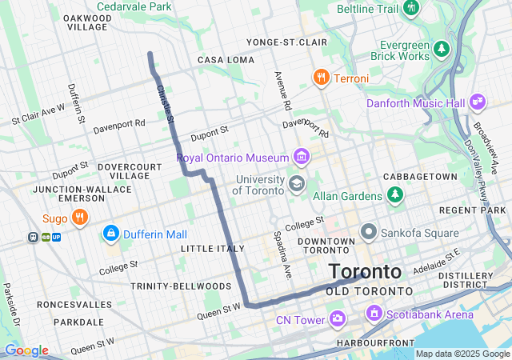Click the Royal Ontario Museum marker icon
[301, 155]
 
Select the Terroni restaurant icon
[321, 78]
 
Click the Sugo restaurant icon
[79, 217]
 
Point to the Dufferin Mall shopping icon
[110, 234]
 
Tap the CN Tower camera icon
[337, 320]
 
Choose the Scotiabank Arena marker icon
[372, 313]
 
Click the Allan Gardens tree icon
[394, 194]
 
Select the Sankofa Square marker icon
[369, 233]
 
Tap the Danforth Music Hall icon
[478, 102]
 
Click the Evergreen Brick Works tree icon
[442, 50]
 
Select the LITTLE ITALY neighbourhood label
[212, 249]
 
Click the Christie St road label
[166, 104]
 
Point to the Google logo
[26, 350]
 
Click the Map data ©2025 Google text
[462, 354]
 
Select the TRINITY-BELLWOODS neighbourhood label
[181, 286]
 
